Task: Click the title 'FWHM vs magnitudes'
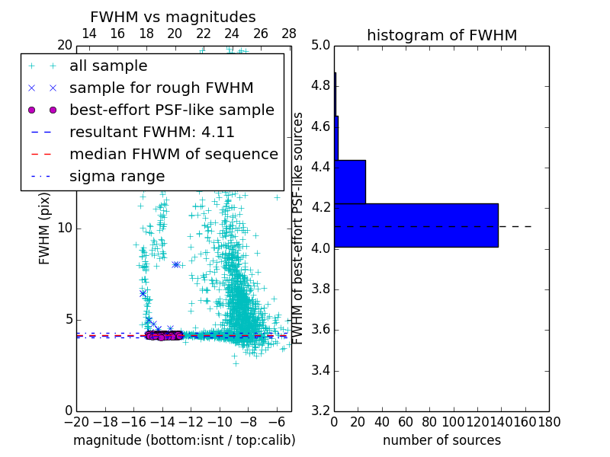coord(172,17)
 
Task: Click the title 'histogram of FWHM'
coord(441,35)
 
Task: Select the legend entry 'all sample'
coord(108,66)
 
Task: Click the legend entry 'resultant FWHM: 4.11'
coord(152,133)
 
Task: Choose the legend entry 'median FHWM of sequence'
coord(173,155)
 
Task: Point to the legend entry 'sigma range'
coord(117,177)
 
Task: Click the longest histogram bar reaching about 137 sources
coord(416,225)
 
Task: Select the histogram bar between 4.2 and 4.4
coord(350,182)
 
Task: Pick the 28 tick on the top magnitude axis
coord(289,34)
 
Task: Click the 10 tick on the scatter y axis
coord(64,228)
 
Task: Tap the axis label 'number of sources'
coord(441,440)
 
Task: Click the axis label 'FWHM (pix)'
coord(45,228)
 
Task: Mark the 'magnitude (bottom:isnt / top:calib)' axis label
coord(184,440)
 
